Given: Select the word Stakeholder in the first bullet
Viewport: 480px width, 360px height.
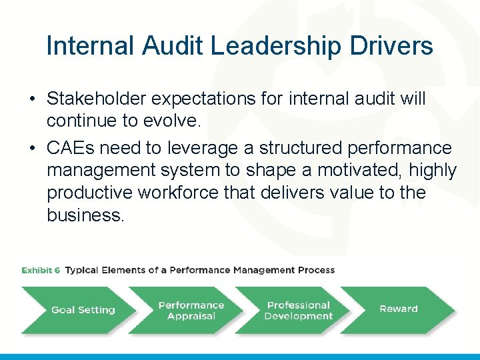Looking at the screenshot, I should pos(96,99).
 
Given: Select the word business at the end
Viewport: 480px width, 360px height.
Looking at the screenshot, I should pos(85,216).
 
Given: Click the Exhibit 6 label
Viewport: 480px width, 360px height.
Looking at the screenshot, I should pos(41,270).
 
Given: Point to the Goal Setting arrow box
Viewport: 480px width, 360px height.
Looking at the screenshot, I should pos(83,310).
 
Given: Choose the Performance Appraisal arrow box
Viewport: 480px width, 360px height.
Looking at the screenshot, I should pos(191,311).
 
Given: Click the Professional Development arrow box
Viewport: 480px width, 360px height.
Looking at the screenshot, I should pos(298,311).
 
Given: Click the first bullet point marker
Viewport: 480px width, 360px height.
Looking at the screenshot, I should pos(31,99).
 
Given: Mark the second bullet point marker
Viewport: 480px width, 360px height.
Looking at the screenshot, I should pos(31,148).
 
